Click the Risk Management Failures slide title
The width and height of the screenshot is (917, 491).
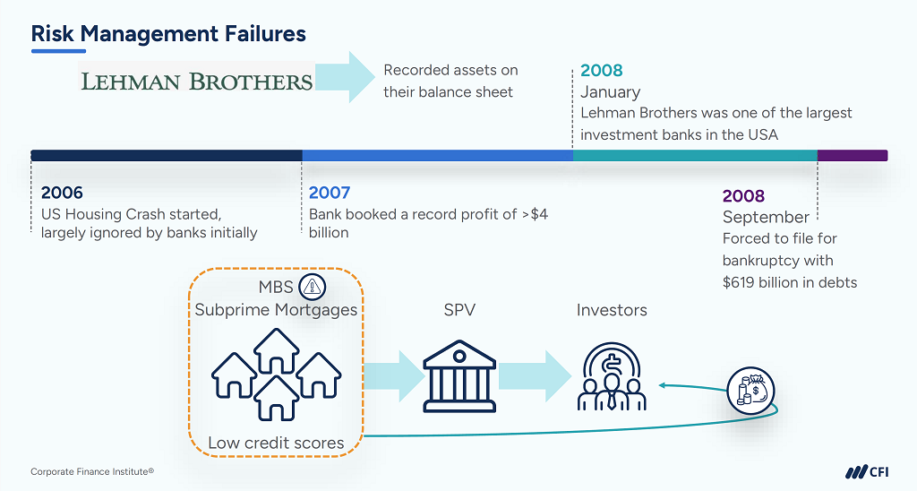click(x=168, y=34)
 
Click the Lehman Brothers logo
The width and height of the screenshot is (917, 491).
click(x=197, y=82)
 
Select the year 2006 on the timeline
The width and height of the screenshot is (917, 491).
click(x=62, y=193)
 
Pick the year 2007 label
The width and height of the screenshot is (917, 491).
click(x=330, y=193)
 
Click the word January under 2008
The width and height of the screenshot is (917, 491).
click(x=610, y=91)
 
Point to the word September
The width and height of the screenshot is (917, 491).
click(x=766, y=217)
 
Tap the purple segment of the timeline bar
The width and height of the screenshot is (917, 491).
click(x=852, y=155)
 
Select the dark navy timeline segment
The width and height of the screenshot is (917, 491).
click(x=167, y=155)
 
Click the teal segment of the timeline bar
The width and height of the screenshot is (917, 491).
click(x=695, y=155)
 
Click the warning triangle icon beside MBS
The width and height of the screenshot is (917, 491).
click(x=313, y=287)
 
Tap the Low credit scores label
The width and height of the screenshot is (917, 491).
click(x=276, y=443)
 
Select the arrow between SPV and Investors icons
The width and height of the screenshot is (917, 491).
click(x=534, y=370)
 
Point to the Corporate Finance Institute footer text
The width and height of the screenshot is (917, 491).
click(x=92, y=471)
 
